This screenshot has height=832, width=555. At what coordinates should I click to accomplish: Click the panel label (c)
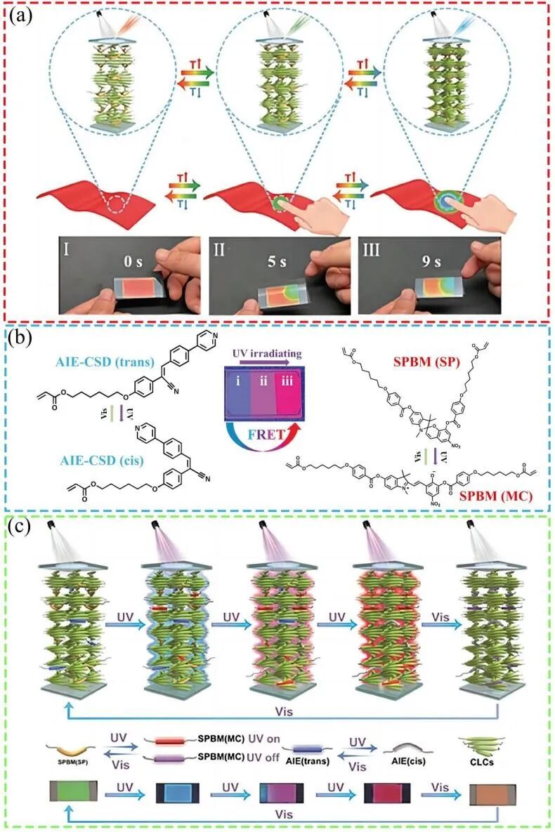pyautogui.click(x=19, y=525)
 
